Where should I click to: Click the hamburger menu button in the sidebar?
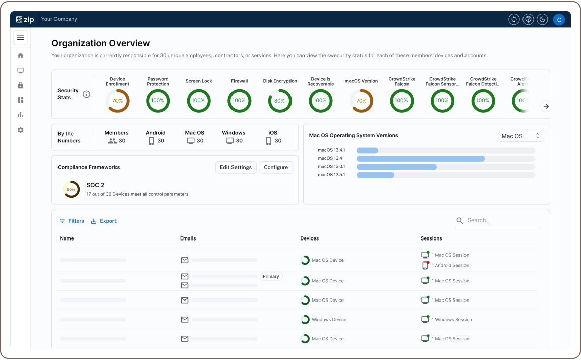coord(20,38)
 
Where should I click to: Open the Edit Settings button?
coord(236,167)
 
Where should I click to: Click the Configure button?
coord(276,167)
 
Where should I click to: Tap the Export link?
coord(104,221)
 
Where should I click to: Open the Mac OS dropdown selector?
coord(521,136)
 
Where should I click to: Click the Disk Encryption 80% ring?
coord(280,101)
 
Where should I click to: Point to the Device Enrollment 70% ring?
coord(118,101)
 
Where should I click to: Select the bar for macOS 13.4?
coord(421,158)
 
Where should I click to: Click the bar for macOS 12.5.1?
coord(375,175)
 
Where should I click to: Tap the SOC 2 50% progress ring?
coord(71,189)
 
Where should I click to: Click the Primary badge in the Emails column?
coord(271,276)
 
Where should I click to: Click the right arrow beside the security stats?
coord(546,106)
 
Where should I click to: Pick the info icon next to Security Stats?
coord(86,94)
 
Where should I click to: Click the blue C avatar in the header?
coord(558,19)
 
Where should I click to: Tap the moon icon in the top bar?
coord(542,19)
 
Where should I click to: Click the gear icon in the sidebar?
coord(20,130)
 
